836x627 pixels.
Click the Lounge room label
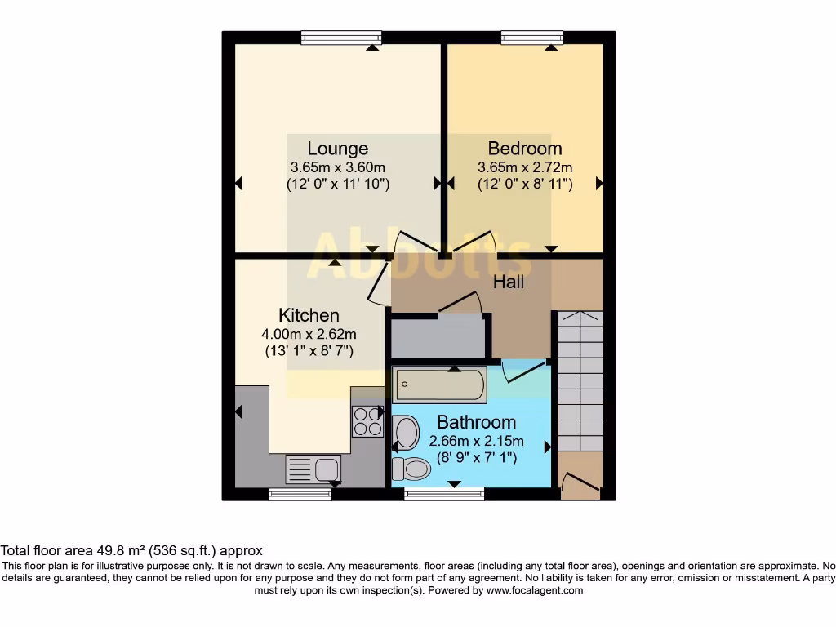coord(337,149)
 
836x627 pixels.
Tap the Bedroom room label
coord(525,149)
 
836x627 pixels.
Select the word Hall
coord(508,282)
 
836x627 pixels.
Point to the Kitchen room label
coord(309,315)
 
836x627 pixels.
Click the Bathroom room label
coord(476,422)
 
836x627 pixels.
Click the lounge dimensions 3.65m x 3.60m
coord(337,167)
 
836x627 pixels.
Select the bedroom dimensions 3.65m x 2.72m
coord(525,167)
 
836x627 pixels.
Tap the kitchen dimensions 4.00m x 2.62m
coord(309,334)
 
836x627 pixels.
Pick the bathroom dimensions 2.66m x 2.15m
coord(476,442)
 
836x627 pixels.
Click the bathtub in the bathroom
coord(439,384)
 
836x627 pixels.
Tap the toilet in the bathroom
coord(411,469)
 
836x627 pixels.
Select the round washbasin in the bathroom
coord(406,433)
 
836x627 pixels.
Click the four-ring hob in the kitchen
coord(367,422)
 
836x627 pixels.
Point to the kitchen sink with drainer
coord(313,469)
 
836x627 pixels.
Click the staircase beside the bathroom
coord(580,380)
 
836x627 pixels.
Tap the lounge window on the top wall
coord(341,38)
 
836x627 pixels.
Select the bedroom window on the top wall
coord(532,38)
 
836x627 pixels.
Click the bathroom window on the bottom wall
coord(444,494)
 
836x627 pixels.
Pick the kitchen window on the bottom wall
coord(300,494)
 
